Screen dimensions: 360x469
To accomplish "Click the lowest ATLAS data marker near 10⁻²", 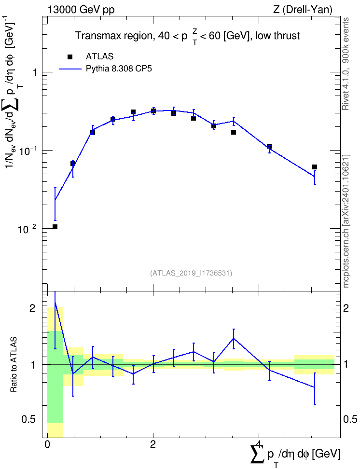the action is pos(55,227).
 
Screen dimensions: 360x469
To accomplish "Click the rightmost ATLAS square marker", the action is pos(315,167).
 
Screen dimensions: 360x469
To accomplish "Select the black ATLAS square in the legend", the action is pos(70,57).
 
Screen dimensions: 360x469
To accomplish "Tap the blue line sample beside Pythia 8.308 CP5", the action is pos(70,69).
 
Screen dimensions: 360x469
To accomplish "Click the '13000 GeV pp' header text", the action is pos(81,10).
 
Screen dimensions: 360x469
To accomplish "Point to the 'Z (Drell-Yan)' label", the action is pos(303,10).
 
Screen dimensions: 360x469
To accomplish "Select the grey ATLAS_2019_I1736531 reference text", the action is pos(191,273).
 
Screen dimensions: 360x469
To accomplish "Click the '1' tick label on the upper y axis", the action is pos(34,72).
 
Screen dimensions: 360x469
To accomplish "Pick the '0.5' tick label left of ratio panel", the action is pos(29,419).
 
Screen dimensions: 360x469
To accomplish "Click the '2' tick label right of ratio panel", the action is pos(346,308).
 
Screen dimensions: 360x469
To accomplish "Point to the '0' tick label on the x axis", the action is pos(47,444).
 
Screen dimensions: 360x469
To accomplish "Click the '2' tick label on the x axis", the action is pos(153,444).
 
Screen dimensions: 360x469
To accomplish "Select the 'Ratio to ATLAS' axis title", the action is pos(14,364).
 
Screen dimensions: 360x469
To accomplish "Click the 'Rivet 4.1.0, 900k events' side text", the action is pos(346,64).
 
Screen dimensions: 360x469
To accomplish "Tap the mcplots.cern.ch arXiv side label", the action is pos(346,221).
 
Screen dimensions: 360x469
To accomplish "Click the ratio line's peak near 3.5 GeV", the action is pos(234,338).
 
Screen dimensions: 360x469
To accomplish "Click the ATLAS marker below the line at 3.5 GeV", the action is pos(234,132).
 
